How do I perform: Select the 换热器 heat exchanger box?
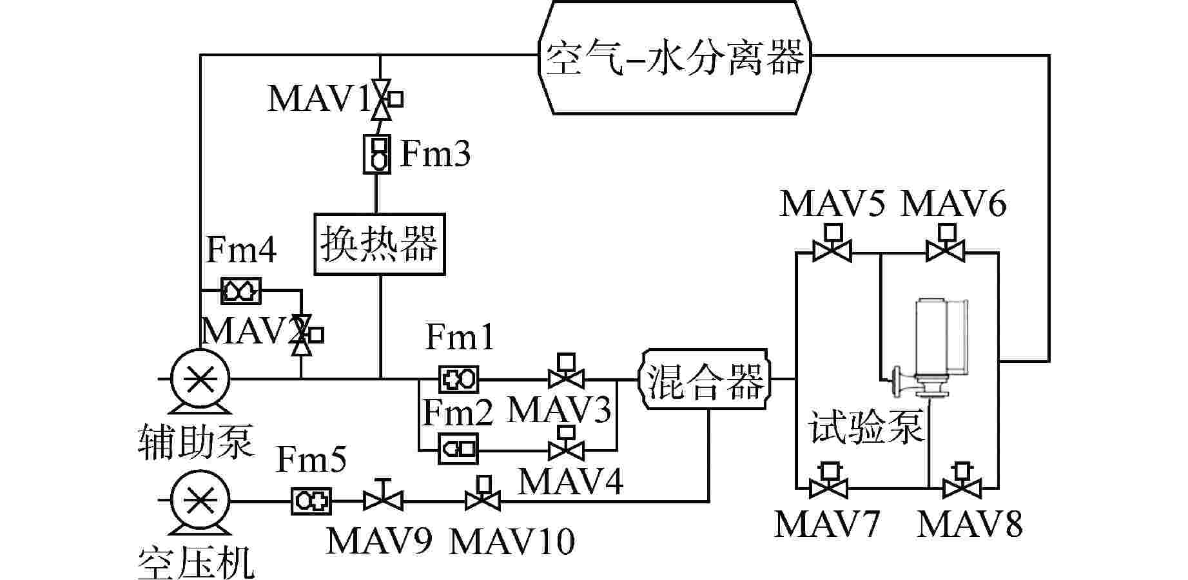coord(380,244)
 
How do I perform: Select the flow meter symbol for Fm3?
coord(376,153)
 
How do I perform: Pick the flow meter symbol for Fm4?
coord(241,291)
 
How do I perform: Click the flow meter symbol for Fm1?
coord(458,379)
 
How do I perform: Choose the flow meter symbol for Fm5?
coord(311,501)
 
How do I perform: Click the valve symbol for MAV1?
coord(382,100)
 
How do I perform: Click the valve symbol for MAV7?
coord(828,486)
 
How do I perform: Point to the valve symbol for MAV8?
coord(962,486)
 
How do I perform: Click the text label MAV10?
coord(511,541)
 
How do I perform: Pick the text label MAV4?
coord(570,481)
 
